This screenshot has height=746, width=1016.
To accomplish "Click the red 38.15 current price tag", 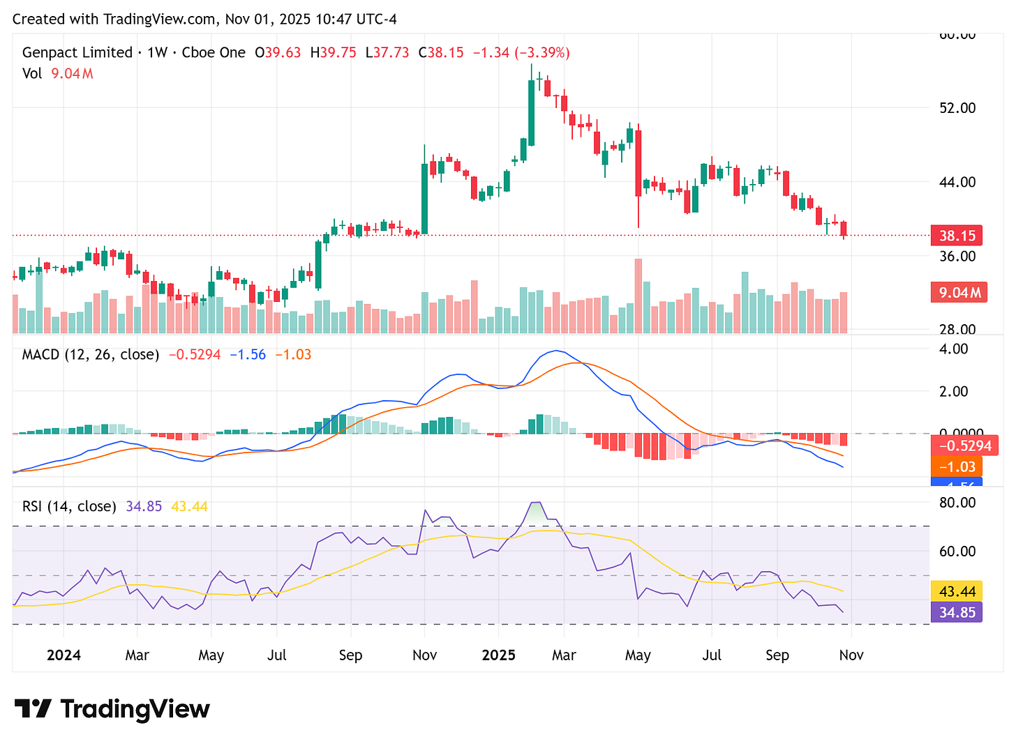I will [x=956, y=236].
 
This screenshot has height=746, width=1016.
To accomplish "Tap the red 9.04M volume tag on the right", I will [x=956, y=292].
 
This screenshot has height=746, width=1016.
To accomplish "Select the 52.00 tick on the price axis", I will [x=957, y=108].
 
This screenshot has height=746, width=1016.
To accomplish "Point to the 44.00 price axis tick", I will [x=957, y=182].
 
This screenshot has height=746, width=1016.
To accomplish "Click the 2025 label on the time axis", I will [x=499, y=655].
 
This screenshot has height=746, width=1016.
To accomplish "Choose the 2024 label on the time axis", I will [x=63, y=655].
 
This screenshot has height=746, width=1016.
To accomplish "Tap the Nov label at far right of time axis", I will [x=851, y=655].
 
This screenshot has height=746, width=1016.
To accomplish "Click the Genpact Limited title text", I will [x=77, y=52].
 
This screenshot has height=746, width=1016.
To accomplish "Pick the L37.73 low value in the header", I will [x=387, y=52].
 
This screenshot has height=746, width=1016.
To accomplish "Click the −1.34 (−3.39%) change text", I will [x=521, y=52].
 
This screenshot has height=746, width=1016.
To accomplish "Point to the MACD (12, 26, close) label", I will [x=91, y=354].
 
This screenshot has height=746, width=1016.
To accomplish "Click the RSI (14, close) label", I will [x=69, y=506].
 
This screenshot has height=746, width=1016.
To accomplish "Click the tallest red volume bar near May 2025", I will [x=638, y=296].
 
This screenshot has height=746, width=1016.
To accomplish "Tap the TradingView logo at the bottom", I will [x=112, y=709].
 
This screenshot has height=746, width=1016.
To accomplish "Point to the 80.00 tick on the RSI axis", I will [x=957, y=503].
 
